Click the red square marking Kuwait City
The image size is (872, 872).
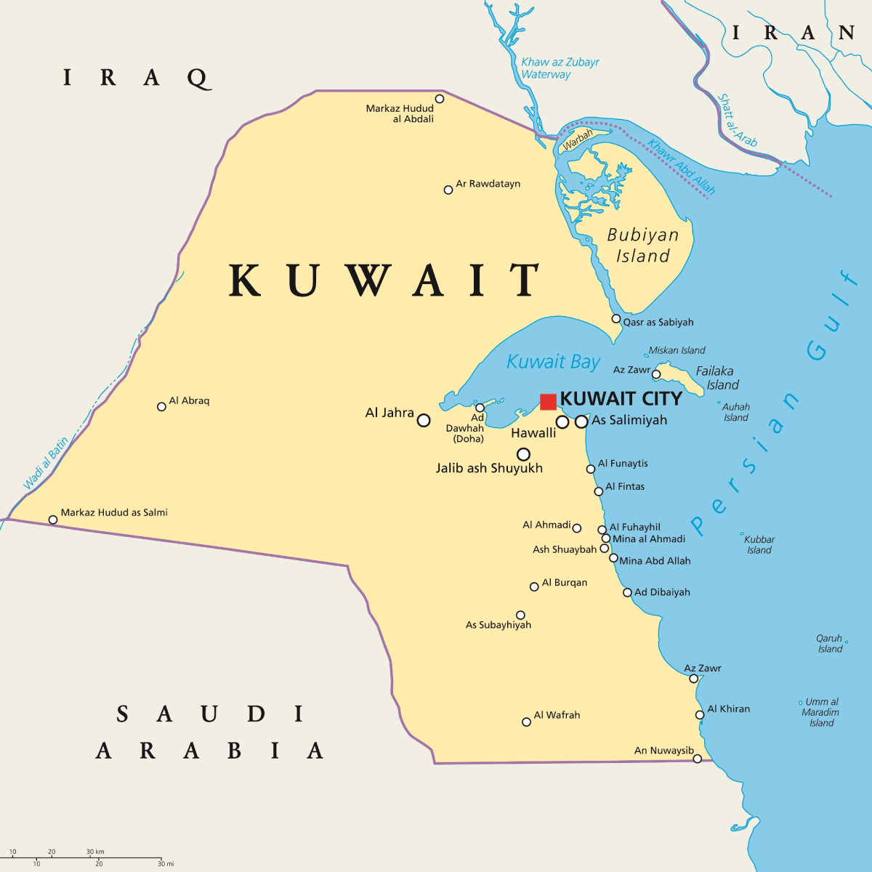tap(548, 402)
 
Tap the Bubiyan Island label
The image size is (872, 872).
tap(643, 246)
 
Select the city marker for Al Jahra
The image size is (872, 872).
tap(424, 420)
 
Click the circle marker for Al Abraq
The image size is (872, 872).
tap(161, 406)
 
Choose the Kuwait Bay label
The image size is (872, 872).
tap(553, 362)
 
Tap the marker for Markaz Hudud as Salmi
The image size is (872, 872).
tap(52, 520)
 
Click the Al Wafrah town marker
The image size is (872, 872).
tap(526, 722)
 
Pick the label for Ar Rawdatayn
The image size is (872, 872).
tap(488, 184)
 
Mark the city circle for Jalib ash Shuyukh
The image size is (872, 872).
tap(523, 455)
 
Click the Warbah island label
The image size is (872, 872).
tap(578, 139)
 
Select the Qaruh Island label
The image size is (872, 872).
tap(830, 644)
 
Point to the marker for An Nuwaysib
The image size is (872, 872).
tap(697, 759)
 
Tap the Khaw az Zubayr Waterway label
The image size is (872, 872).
tap(560, 68)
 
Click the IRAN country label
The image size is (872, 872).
tap(793, 33)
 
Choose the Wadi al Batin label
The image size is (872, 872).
tap(46, 464)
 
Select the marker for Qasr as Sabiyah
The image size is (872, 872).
tap(616, 318)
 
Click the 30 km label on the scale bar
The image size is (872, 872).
tap(95, 851)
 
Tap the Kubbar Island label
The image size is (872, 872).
tap(759, 544)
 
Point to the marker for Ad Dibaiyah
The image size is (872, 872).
tap(627, 592)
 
